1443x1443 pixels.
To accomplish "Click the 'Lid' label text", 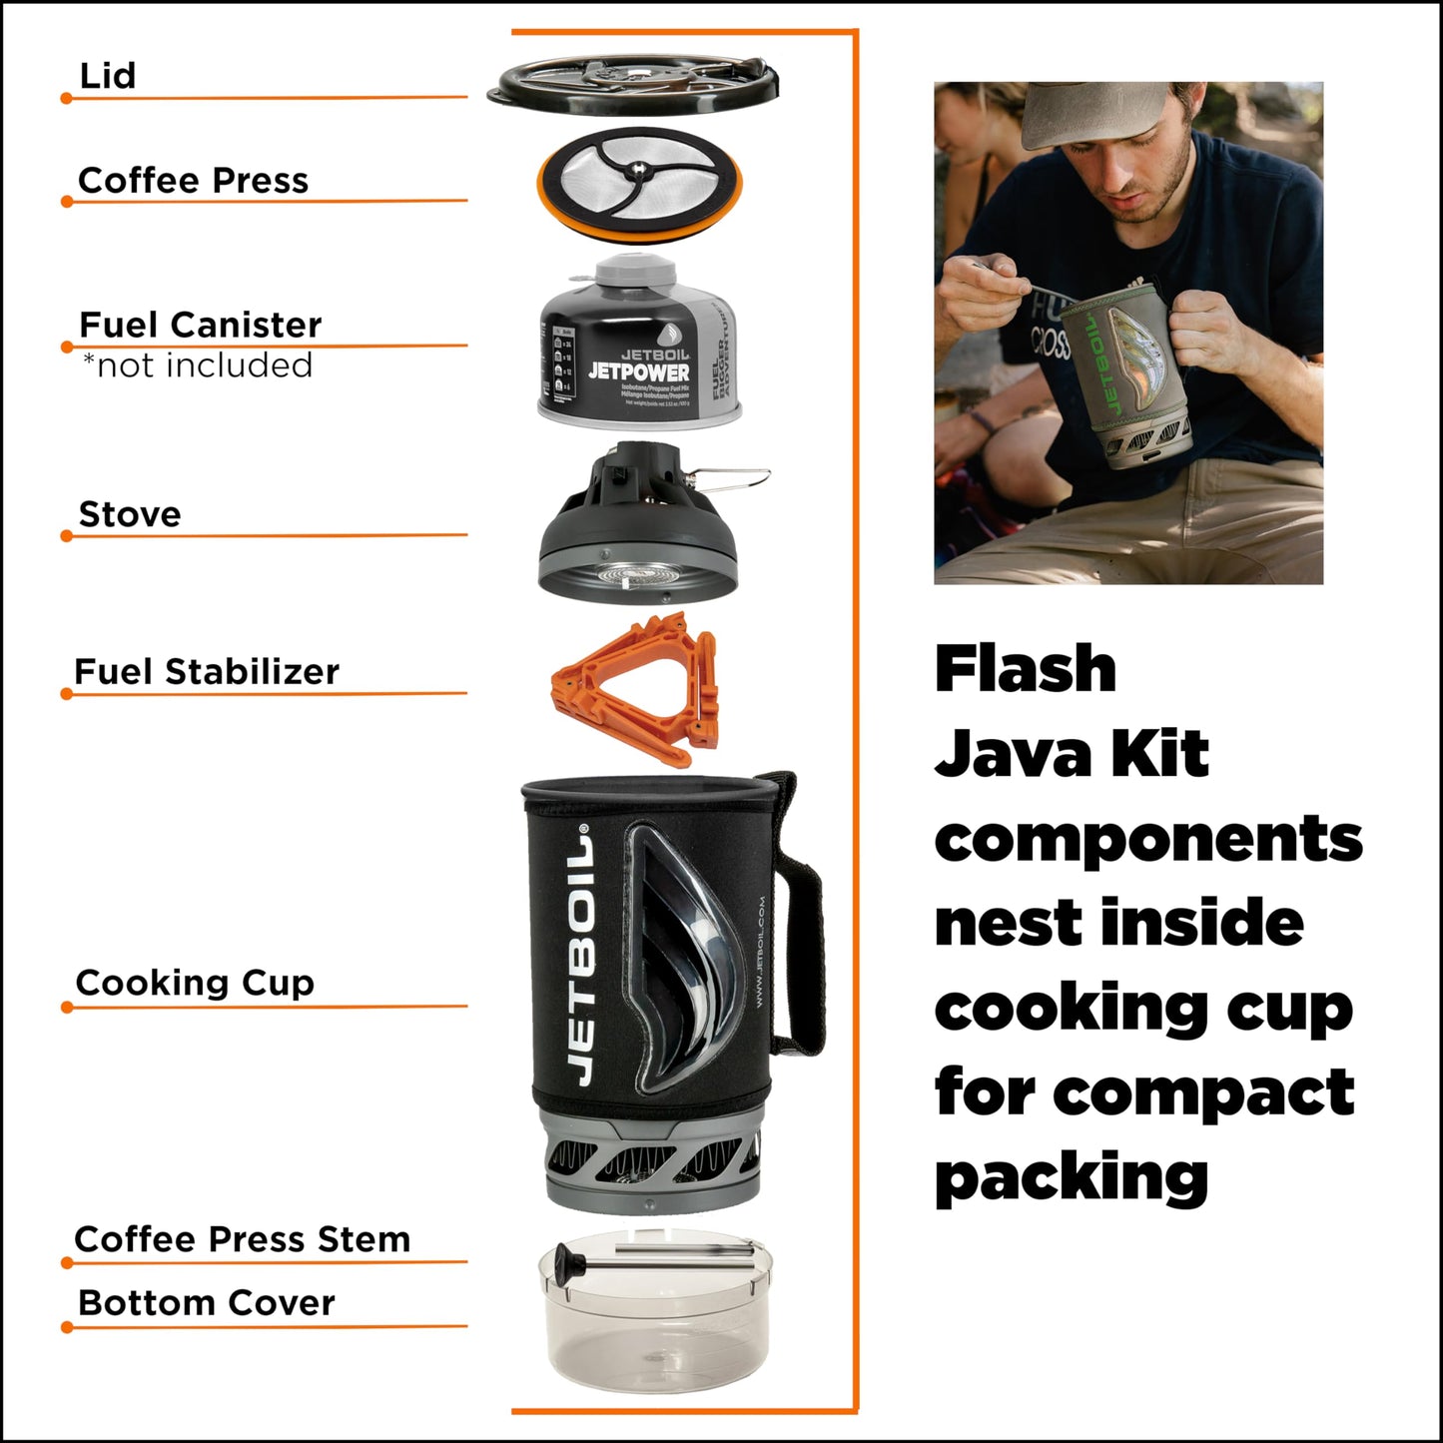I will [x=107, y=76].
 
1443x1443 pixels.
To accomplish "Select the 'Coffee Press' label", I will [x=193, y=181].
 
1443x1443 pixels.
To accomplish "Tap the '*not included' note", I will [x=198, y=365].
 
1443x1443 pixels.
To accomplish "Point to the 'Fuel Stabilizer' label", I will [x=207, y=672].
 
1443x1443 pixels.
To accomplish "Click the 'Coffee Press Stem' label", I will [x=242, y=1239].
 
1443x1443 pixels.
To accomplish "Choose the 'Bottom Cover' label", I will [x=206, y=1303].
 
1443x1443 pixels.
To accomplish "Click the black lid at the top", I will [x=632, y=84].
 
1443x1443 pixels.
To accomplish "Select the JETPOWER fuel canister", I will [x=639, y=350].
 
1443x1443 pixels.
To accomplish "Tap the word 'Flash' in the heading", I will [x=1026, y=669].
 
